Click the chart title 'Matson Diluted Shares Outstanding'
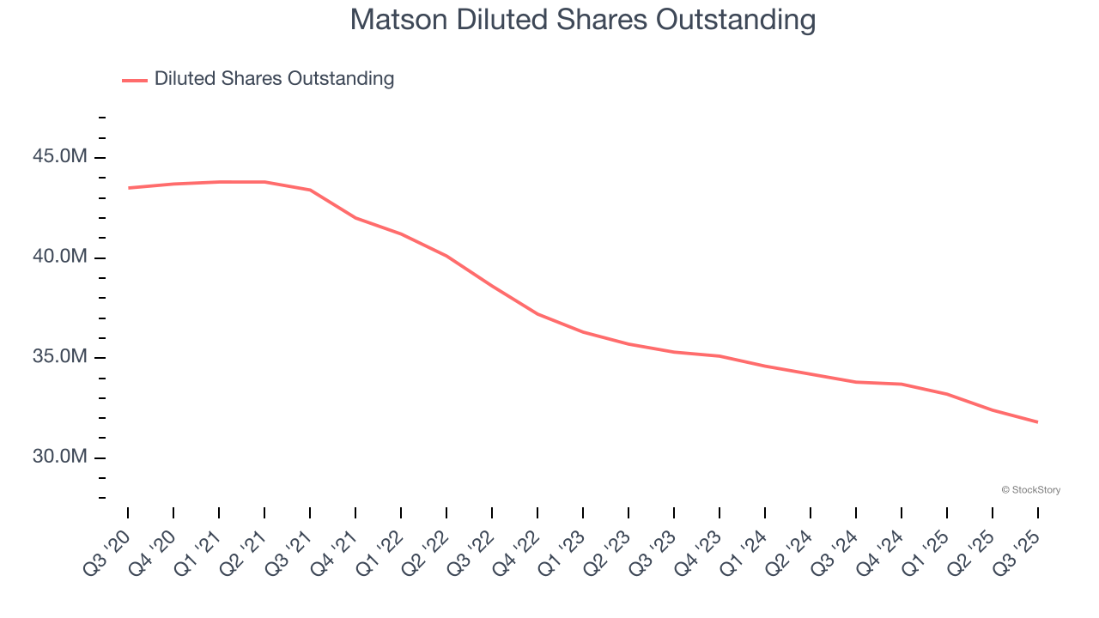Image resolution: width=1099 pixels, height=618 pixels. click(x=583, y=20)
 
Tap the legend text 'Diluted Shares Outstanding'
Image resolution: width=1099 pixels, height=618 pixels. click(x=274, y=79)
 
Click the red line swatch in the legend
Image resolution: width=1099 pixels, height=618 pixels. click(x=135, y=80)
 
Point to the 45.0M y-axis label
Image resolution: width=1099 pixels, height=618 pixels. click(x=60, y=157)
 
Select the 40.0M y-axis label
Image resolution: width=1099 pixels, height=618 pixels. click(x=60, y=257)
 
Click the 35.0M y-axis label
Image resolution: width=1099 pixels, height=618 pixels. click(x=60, y=356)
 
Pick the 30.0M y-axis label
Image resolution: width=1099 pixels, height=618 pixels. click(x=60, y=457)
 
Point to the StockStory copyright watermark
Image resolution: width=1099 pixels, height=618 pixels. click(x=1030, y=490)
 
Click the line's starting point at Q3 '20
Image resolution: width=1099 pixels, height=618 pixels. click(x=129, y=188)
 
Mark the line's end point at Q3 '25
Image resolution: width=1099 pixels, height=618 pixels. click(x=1037, y=422)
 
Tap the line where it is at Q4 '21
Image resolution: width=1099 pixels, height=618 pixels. click(x=355, y=218)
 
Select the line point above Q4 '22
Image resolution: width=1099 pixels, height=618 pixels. click(x=537, y=314)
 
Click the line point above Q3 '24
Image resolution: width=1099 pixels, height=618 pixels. click(x=856, y=382)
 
